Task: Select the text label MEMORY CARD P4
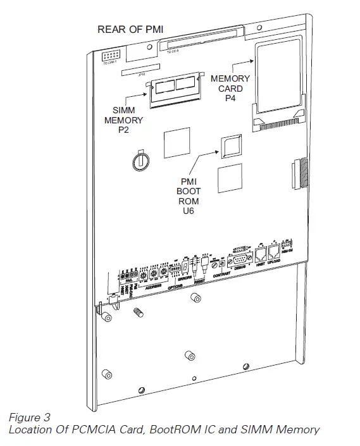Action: (230, 88)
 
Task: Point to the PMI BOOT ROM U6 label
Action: (189, 197)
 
